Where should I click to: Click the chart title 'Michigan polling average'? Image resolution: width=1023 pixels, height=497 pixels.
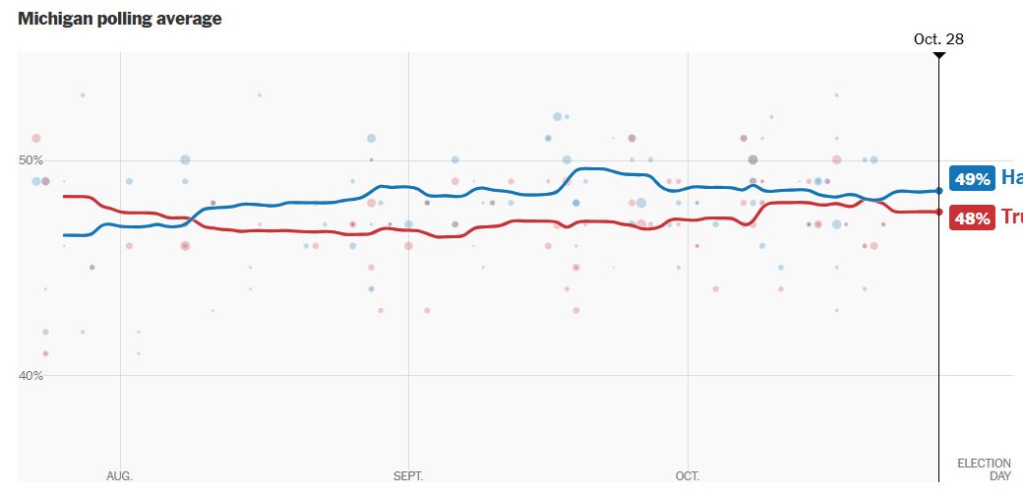click(119, 19)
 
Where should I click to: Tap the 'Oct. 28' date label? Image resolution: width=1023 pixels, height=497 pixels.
click(938, 39)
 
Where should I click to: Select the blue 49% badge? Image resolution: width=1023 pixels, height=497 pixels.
click(972, 178)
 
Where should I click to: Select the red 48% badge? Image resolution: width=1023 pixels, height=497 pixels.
click(972, 218)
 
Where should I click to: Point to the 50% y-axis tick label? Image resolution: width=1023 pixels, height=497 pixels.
click(31, 160)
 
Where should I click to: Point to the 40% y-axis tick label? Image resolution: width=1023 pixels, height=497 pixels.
click(31, 375)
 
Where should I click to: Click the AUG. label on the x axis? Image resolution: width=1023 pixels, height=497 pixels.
click(119, 476)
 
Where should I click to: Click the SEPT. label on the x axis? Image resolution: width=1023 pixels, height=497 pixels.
click(408, 476)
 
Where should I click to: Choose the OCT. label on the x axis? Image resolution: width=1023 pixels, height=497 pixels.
click(688, 476)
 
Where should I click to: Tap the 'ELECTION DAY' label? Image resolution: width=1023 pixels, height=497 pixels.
click(984, 469)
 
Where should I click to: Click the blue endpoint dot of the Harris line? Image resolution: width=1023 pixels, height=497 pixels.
click(939, 190)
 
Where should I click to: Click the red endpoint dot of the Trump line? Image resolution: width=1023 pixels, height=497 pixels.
click(939, 212)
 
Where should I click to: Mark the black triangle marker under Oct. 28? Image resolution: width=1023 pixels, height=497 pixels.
click(939, 55)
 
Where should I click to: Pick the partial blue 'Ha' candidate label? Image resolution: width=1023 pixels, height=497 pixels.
click(1011, 178)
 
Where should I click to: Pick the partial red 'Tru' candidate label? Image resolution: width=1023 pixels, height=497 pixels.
click(1011, 217)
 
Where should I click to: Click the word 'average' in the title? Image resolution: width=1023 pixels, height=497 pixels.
click(189, 19)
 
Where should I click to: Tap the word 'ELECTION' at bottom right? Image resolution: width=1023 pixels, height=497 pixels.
click(984, 464)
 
